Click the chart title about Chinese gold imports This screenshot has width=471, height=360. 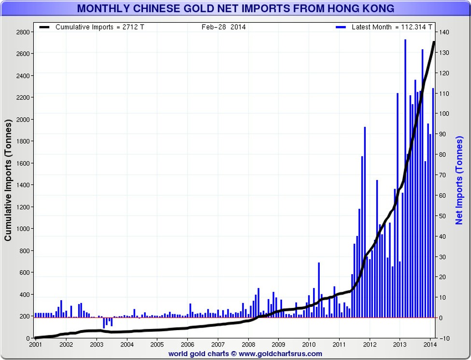[235, 9]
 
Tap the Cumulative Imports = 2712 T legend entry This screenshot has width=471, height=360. [100, 27]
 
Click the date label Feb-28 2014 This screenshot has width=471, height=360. [224, 27]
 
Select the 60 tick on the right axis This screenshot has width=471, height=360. [443, 195]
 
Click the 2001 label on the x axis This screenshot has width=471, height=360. [36, 345]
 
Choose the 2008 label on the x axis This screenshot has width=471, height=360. [248, 345]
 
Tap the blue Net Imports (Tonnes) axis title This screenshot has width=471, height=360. [459, 180]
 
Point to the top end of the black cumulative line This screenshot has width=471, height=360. [434, 42]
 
